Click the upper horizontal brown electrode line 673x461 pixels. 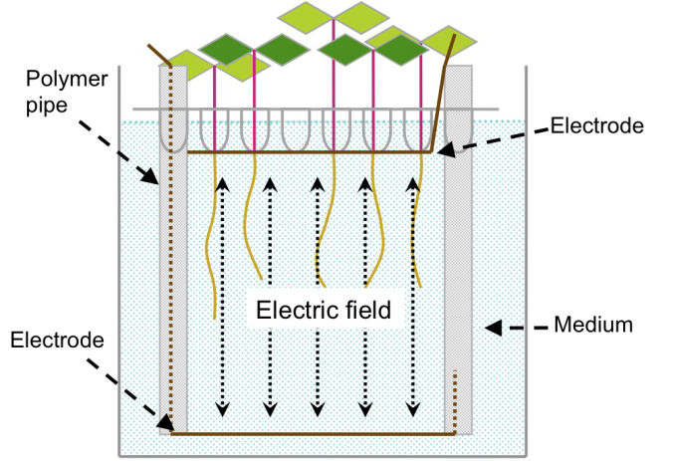click(309, 152)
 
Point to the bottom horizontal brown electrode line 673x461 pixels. click(309, 434)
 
